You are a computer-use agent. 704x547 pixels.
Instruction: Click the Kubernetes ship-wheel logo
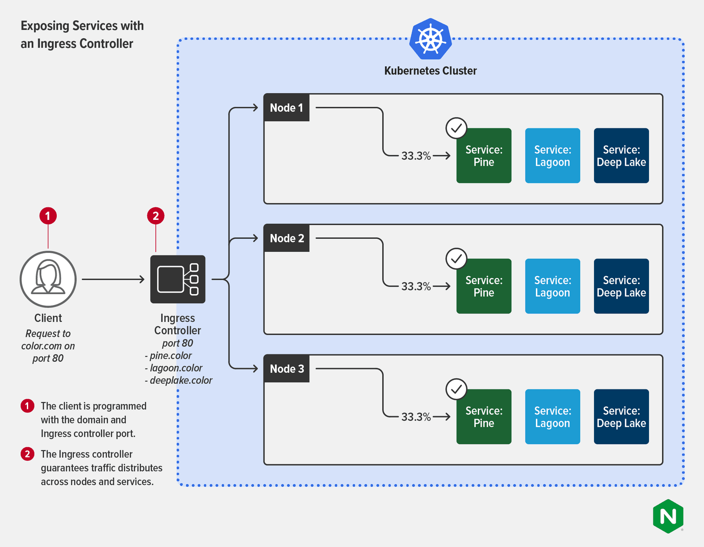pos(430,39)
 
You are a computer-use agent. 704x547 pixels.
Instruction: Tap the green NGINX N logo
pos(668,516)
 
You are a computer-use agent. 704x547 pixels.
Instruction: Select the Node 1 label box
pos(286,108)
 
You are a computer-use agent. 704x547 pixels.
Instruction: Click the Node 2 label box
pos(286,238)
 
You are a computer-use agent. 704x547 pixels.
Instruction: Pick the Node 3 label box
pos(286,369)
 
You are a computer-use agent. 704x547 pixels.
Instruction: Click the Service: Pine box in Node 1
pos(484,156)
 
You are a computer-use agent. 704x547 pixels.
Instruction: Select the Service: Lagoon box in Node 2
pos(552,286)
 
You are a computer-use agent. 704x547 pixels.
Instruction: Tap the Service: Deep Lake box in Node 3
pos(621,416)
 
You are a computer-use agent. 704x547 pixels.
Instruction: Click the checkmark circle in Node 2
pos(456,259)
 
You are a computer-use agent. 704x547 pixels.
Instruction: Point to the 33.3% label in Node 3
pos(416,417)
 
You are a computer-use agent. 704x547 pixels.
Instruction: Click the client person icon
pos(48,279)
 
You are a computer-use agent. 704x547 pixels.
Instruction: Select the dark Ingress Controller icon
pos(178,279)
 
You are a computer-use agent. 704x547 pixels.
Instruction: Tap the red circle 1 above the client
pos(48,216)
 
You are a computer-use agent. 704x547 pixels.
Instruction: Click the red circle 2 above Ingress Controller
pos(155,216)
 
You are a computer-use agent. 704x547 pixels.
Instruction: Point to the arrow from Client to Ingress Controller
pos(113,279)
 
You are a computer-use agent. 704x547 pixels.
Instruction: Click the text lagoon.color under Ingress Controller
pos(176,368)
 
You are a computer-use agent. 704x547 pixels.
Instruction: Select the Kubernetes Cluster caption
pos(430,71)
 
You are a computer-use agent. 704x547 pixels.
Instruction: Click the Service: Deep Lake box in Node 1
pos(621,156)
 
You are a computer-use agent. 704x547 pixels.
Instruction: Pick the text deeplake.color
pos(181,380)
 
